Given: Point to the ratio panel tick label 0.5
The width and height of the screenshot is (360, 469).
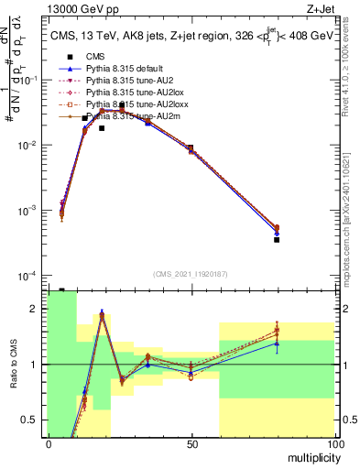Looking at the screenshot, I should [33, 420].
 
